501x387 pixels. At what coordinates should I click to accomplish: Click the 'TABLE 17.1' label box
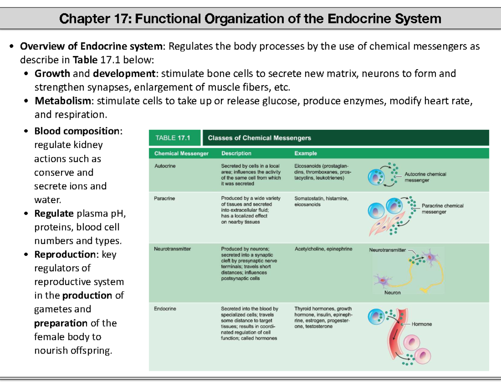pos(173,138)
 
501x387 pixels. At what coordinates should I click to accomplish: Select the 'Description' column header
pos(236,153)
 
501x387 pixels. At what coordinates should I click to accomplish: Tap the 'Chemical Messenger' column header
pos(181,153)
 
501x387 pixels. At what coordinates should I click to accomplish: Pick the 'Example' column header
pos(306,153)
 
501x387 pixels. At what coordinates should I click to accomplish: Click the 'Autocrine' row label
pos(165,166)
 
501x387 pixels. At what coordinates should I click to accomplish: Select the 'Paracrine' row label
pos(164,198)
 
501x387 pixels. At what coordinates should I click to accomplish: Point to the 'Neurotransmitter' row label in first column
pos(172,249)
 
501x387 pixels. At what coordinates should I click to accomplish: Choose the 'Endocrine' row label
pos(165,309)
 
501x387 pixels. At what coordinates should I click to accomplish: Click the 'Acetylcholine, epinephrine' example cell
pos(323,249)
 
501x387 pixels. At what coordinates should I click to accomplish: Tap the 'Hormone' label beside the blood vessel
pos(422,324)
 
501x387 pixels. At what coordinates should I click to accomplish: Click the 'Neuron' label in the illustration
pos(392,293)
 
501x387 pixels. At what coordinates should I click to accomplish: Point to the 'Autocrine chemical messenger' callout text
pos(425,177)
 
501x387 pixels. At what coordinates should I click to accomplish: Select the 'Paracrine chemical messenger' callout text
pos(442,209)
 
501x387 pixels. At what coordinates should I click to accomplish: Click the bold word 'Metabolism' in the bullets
pos(63,101)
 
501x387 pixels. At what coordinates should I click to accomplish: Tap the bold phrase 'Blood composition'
pos(77,131)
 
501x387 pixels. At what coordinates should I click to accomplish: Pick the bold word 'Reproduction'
pos(65,254)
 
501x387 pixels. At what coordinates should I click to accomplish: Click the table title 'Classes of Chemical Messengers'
pos(259,138)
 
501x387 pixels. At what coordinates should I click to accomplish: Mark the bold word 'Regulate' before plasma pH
pos(54,214)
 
